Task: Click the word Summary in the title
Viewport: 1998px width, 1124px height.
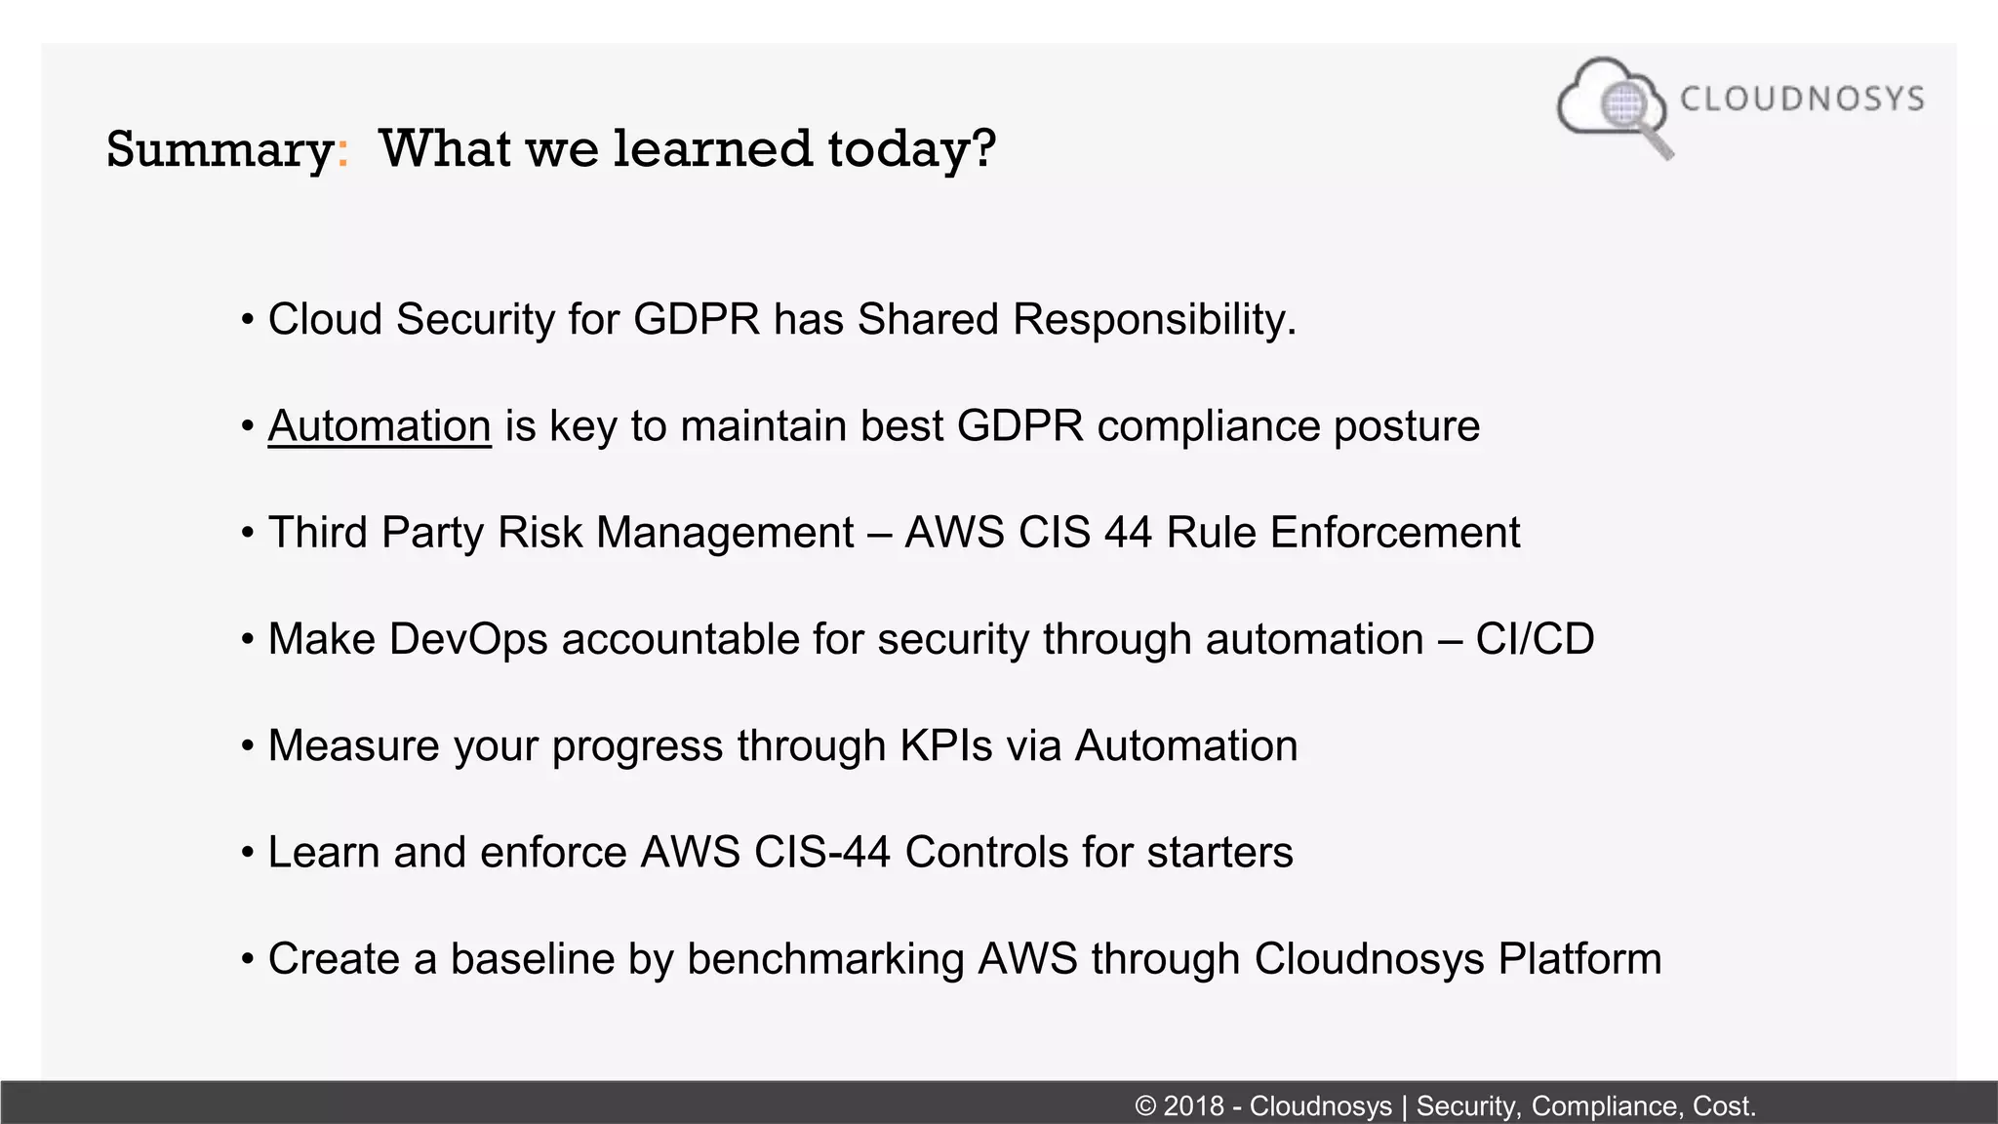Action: coord(220,149)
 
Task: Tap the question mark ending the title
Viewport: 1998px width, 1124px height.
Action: coord(983,147)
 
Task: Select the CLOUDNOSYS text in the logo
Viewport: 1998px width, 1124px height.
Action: coord(1802,99)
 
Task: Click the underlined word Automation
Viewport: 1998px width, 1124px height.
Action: coord(380,426)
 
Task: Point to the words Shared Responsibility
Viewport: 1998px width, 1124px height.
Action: coord(1076,320)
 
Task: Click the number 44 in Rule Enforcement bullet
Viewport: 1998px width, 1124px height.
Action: coord(1128,533)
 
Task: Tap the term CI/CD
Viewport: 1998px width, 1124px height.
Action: coord(1535,639)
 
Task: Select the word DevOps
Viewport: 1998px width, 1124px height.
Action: coord(468,639)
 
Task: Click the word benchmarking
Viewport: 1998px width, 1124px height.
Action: coord(825,959)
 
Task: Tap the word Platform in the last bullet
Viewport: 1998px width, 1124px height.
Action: coord(1579,959)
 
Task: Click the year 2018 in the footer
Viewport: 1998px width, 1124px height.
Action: coord(1193,1106)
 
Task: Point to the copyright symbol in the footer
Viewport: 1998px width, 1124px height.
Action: coord(1145,1106)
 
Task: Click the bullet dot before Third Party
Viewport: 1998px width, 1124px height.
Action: coord(248,534)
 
